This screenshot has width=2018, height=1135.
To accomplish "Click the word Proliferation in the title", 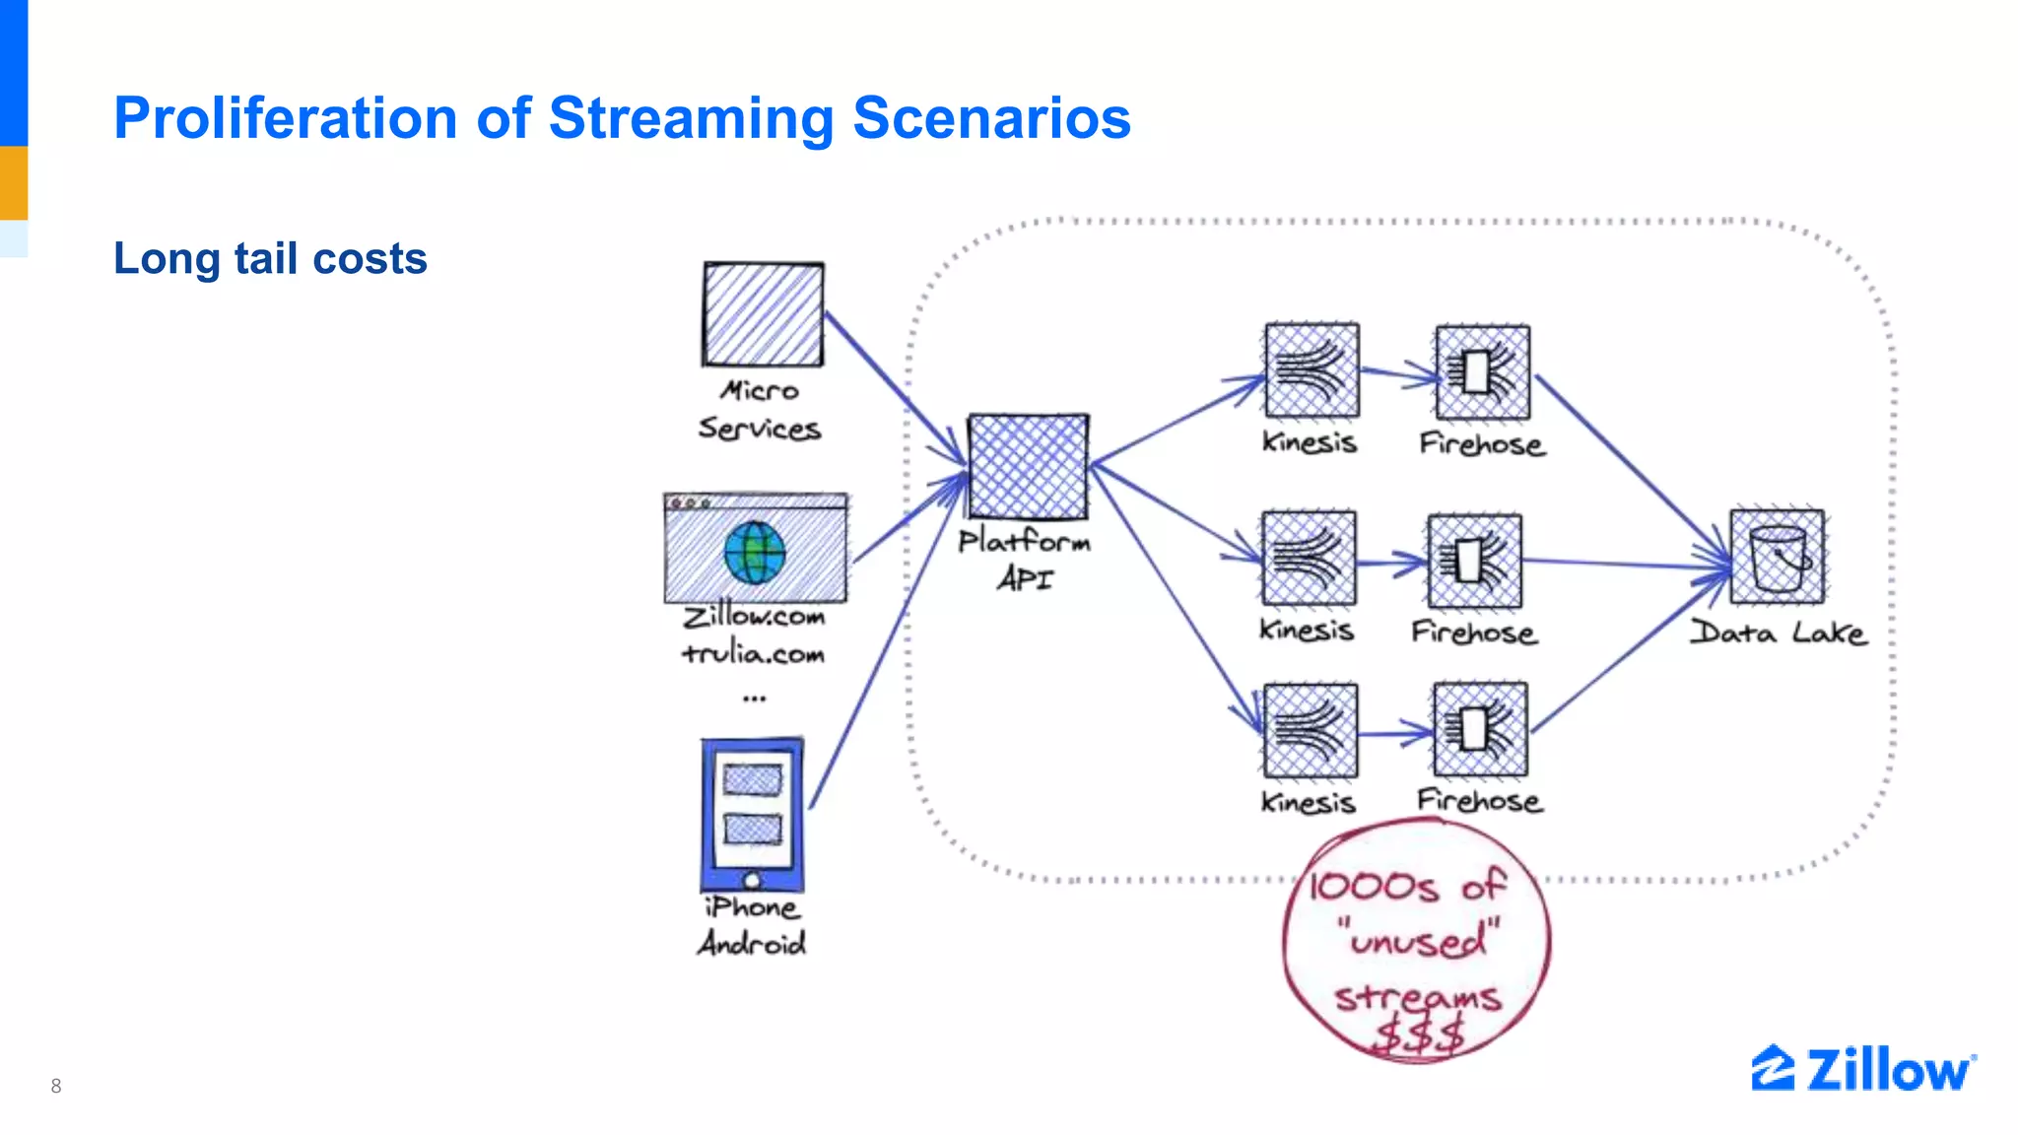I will coord(286,118).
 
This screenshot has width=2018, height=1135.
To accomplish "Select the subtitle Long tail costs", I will coord(270,259).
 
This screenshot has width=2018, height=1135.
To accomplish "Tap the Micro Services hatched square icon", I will coord(763,314).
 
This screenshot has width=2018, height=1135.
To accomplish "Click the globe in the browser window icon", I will coord(755,553).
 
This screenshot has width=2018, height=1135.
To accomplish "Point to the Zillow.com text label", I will coord(754,617).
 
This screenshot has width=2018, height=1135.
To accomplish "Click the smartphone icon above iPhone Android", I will coord(752,815).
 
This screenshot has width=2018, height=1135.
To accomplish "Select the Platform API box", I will coord(1028,466).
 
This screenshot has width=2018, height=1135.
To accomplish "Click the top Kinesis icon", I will coord(1312,370).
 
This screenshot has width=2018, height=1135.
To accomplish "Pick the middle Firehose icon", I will coord(1474,561).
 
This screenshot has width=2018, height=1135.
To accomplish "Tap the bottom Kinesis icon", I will coord(1310,731).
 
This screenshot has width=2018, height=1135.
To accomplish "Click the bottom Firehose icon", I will coord(1480,730).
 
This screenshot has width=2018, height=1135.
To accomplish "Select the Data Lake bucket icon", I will coord(1778,557).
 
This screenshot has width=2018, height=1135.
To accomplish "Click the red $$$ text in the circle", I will coord(1419,1035).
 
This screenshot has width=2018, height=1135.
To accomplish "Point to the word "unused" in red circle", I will coord(1418,941).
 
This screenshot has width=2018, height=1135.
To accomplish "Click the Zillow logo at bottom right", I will coord(1862,1070).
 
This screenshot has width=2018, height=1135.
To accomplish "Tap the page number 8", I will coord(56,1086).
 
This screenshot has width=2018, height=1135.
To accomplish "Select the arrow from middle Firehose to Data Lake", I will coord(1626,564).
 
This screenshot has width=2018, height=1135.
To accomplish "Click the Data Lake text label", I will coord(1778,634).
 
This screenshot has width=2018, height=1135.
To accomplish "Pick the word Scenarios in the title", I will coord(991,118).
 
